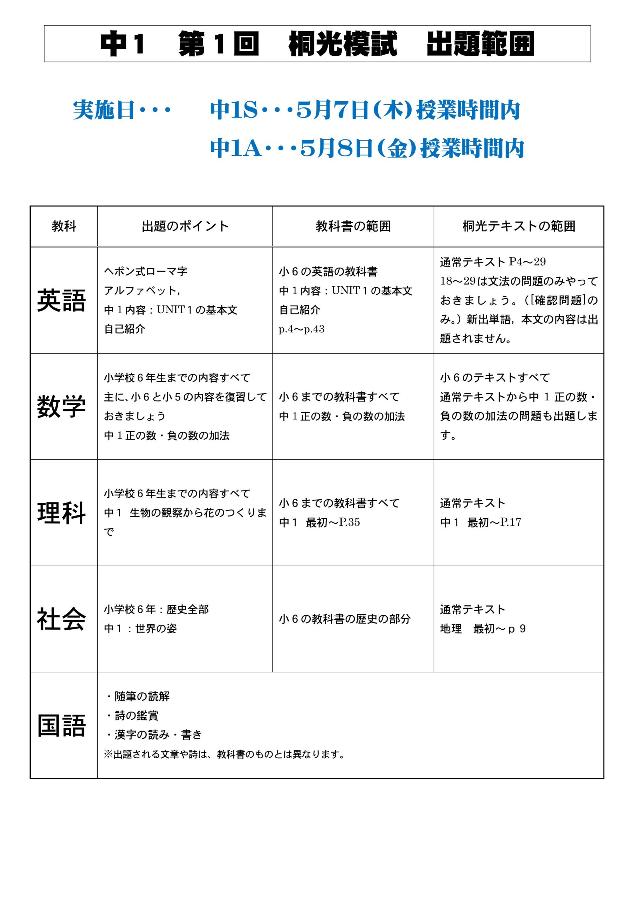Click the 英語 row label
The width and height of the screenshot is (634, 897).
click(61, 300)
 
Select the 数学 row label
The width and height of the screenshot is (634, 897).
click(61, 406)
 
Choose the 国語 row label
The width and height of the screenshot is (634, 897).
click(61, 726)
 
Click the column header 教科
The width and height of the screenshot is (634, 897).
click(64, 226)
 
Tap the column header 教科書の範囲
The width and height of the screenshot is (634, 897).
click(353, 226)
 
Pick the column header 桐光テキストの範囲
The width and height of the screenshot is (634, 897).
click(518, 226)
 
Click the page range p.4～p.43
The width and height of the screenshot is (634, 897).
click(301, 329)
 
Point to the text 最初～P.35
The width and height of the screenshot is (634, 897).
click(332, 522)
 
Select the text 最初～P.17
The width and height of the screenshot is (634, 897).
click(494, 522)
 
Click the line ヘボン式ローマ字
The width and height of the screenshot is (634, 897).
click(145, 271)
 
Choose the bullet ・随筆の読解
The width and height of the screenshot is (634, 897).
click(138, 696)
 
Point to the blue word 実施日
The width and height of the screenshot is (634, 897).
click(104, 110)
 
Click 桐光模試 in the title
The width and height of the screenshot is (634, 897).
click(343, 44)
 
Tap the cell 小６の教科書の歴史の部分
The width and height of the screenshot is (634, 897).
click(345, 619)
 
